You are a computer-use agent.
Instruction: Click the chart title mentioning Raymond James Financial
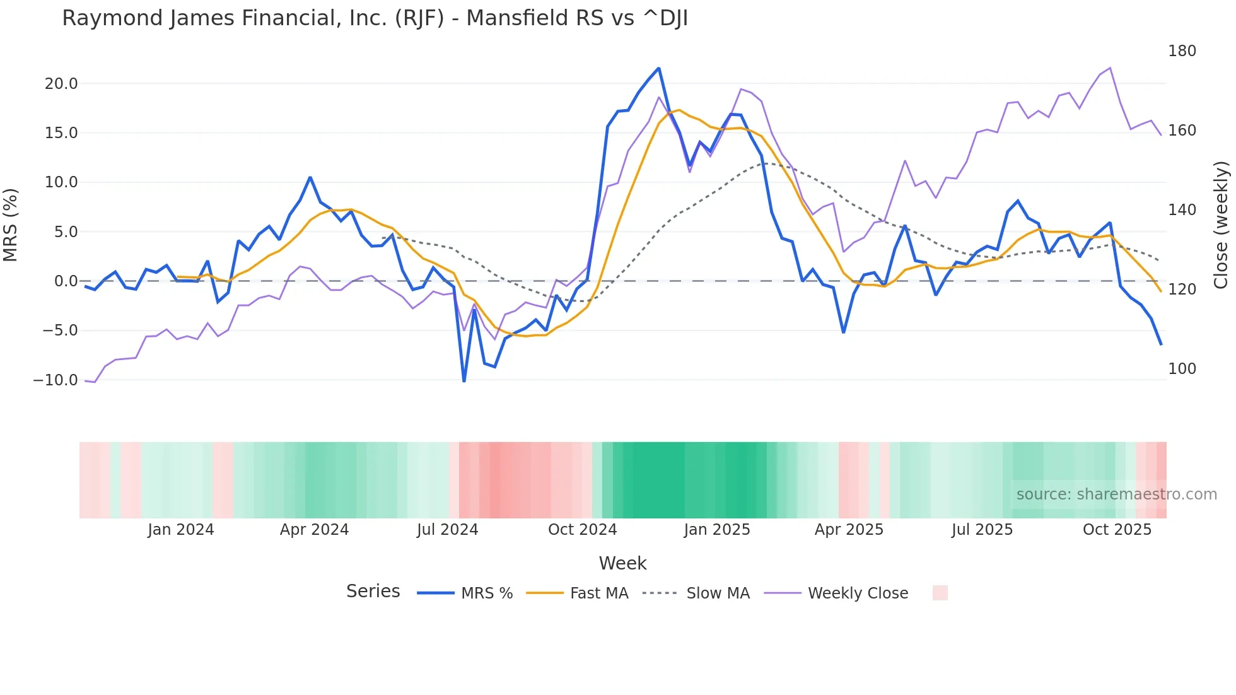point(375,18)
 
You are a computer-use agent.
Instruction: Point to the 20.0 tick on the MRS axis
point(61,84)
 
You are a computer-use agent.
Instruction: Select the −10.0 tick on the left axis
point(55,380)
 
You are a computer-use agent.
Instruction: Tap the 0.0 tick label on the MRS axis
point(66,281)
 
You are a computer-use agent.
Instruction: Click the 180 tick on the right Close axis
point(1182,51)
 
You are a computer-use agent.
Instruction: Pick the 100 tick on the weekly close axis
point(1182,369)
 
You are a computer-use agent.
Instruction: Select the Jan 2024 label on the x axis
point(181,530)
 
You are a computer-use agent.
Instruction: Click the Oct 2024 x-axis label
point(582,530)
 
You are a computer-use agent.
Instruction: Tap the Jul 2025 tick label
point(982,530)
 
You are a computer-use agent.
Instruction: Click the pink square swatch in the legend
point(940,593)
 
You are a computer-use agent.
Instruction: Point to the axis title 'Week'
point(622,563)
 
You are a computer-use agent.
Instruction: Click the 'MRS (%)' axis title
point(11,225)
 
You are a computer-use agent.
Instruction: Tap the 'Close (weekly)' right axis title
point(1221,225)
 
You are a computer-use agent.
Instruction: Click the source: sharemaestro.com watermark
point(1116,494)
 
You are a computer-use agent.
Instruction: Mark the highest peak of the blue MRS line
point(658,68)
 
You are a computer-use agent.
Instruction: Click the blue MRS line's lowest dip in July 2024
point(464,381)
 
